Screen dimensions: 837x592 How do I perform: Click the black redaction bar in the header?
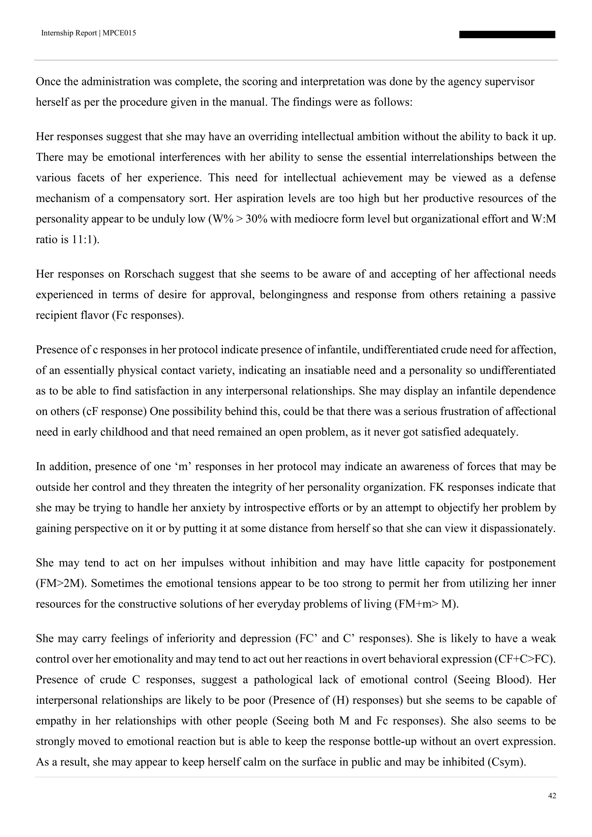(507, 35)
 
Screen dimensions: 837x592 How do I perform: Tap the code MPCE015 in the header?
(119, 33)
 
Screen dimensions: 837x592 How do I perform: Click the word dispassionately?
(517, 529)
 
